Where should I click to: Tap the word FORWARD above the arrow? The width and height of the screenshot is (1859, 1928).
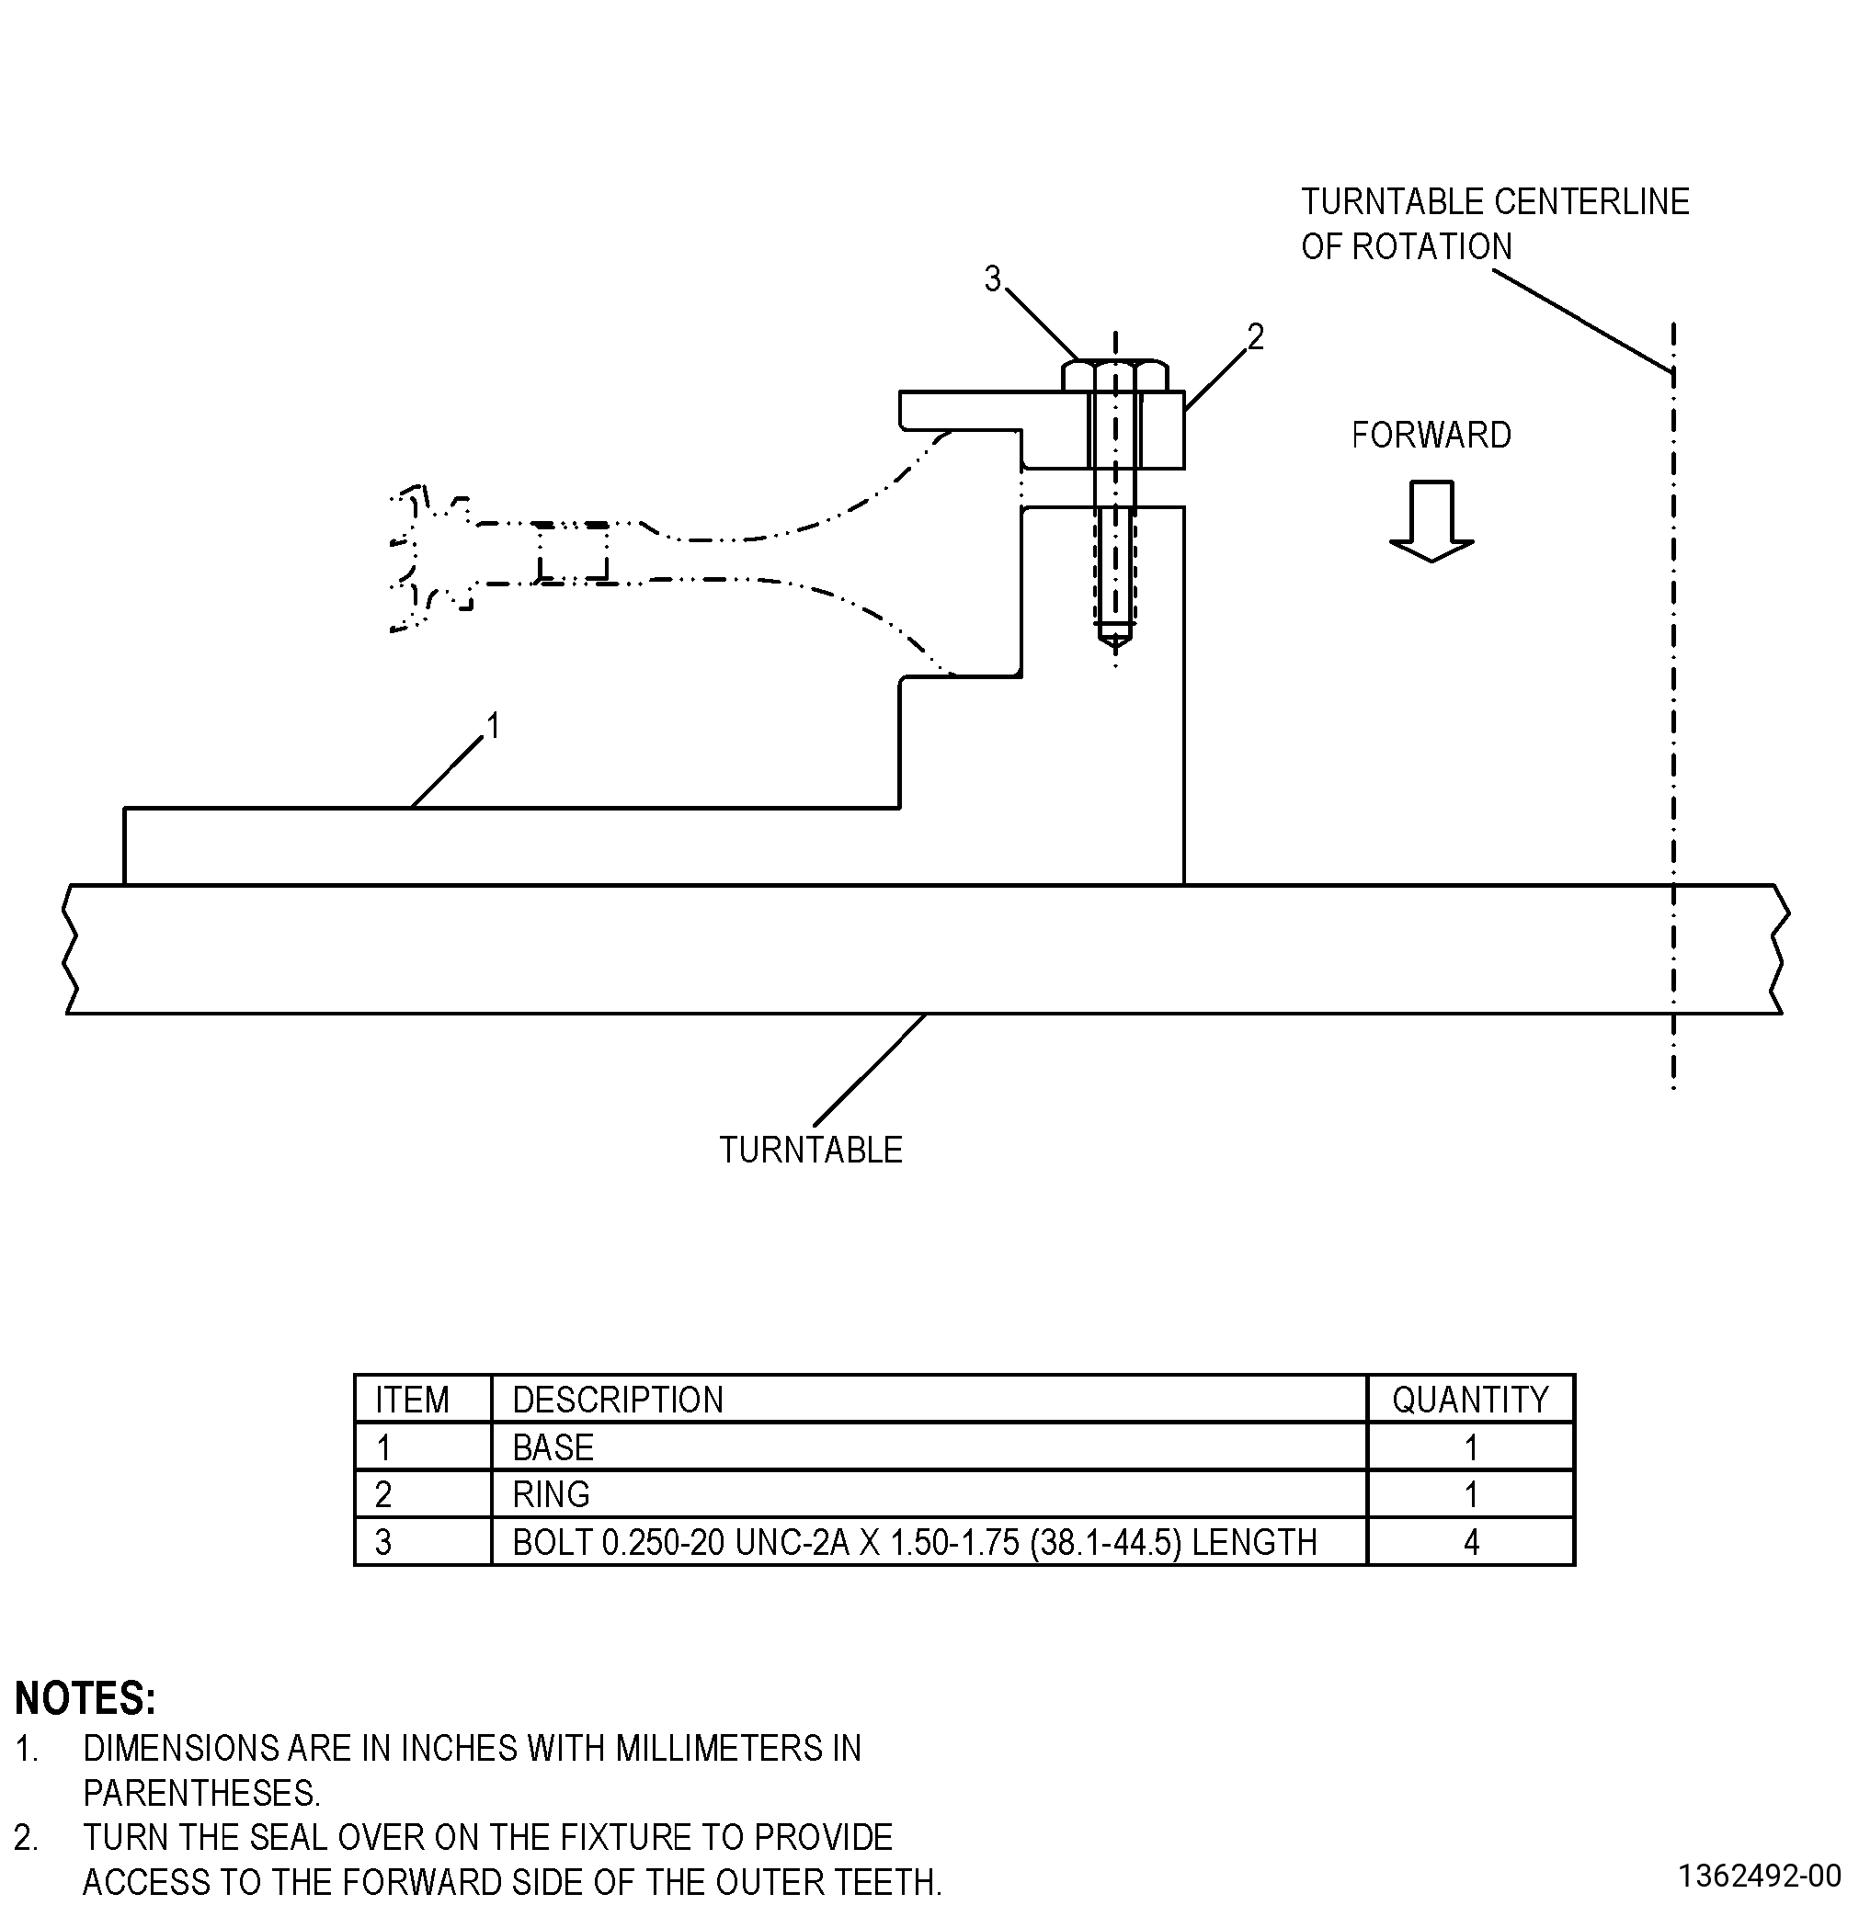pos(1431,435)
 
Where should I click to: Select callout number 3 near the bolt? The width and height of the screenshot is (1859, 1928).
pos(993,279)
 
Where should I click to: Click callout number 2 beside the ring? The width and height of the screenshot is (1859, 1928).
pos(1256,337)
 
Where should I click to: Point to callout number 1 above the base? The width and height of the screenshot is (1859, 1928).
pos(494,726)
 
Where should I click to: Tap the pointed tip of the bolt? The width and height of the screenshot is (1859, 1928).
pos(1115,645)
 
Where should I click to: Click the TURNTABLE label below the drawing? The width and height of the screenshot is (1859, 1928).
pos(811,1150)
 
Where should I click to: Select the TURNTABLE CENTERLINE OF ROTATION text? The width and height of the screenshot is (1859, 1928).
pos(1495,224)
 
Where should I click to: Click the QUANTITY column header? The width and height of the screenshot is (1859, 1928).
pos(1470,1399)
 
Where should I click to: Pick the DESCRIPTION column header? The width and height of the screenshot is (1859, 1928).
pos(618,1399)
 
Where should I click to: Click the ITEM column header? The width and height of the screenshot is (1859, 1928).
pos(413,1399)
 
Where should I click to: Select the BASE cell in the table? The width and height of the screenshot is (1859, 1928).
pos(553,1447)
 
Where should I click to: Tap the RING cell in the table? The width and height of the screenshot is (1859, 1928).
pos(551,1494)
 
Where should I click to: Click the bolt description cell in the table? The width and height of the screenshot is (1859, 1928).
pos(914,1541)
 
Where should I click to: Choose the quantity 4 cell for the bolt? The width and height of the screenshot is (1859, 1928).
pos(1471,1541)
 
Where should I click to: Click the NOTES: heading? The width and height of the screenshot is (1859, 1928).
pos(86,1699)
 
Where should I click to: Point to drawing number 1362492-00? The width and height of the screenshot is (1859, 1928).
pos(1760,1876)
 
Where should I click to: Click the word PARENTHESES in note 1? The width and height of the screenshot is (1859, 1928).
pos(201,1793)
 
